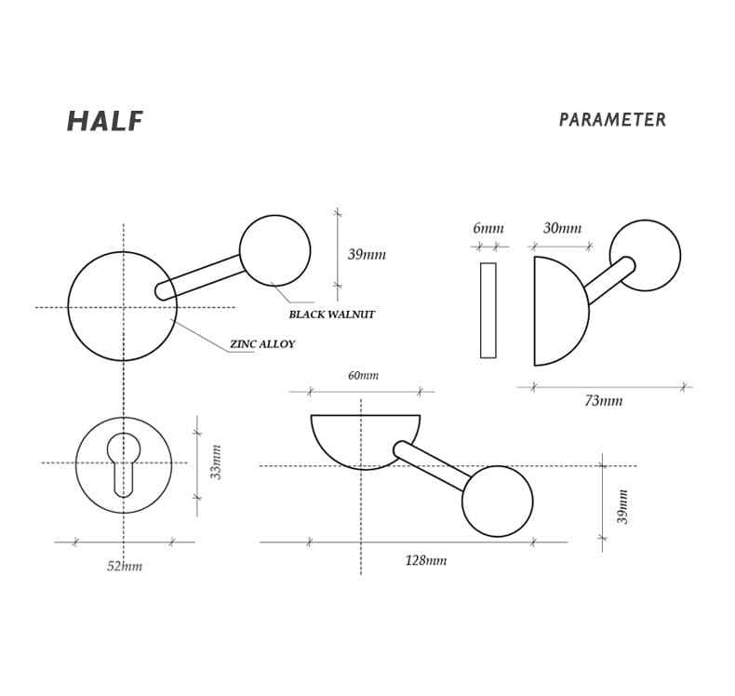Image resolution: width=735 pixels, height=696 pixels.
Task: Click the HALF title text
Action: [x=104, y=122]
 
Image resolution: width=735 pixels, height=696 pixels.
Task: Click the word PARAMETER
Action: [x=612, y=120]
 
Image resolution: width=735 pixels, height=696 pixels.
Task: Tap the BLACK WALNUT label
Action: [x=331, y=315]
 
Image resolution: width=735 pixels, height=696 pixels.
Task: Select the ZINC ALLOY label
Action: [x=262, y=344]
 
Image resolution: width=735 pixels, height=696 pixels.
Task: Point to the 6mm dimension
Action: [x=488, y=229]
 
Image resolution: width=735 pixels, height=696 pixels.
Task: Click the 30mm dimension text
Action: [x=562, y=229]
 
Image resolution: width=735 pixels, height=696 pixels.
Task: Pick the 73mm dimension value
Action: [x=603, y=401]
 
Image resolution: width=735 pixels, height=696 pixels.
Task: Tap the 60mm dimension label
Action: [x=363, y=376]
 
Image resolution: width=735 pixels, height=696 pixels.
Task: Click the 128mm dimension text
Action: [x=425, y=560]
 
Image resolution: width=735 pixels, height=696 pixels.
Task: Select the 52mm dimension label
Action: [x=124, y=566]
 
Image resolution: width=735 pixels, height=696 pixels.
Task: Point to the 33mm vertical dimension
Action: [x=216, y=462]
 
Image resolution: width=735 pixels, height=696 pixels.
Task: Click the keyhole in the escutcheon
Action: [x=124, y=462]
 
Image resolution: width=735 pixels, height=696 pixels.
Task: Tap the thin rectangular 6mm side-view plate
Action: [x=488, y=310]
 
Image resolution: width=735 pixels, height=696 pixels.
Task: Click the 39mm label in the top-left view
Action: [x=366, y=255]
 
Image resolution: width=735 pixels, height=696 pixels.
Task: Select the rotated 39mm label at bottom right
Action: [x=623, y=506]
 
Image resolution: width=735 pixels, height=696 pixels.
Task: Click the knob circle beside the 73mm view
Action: [x=645, y=255]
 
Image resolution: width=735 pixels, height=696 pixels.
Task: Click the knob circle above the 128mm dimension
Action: [x=497, y=501]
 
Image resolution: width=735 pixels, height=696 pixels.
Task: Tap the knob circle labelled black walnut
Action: [x=274, y=250]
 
